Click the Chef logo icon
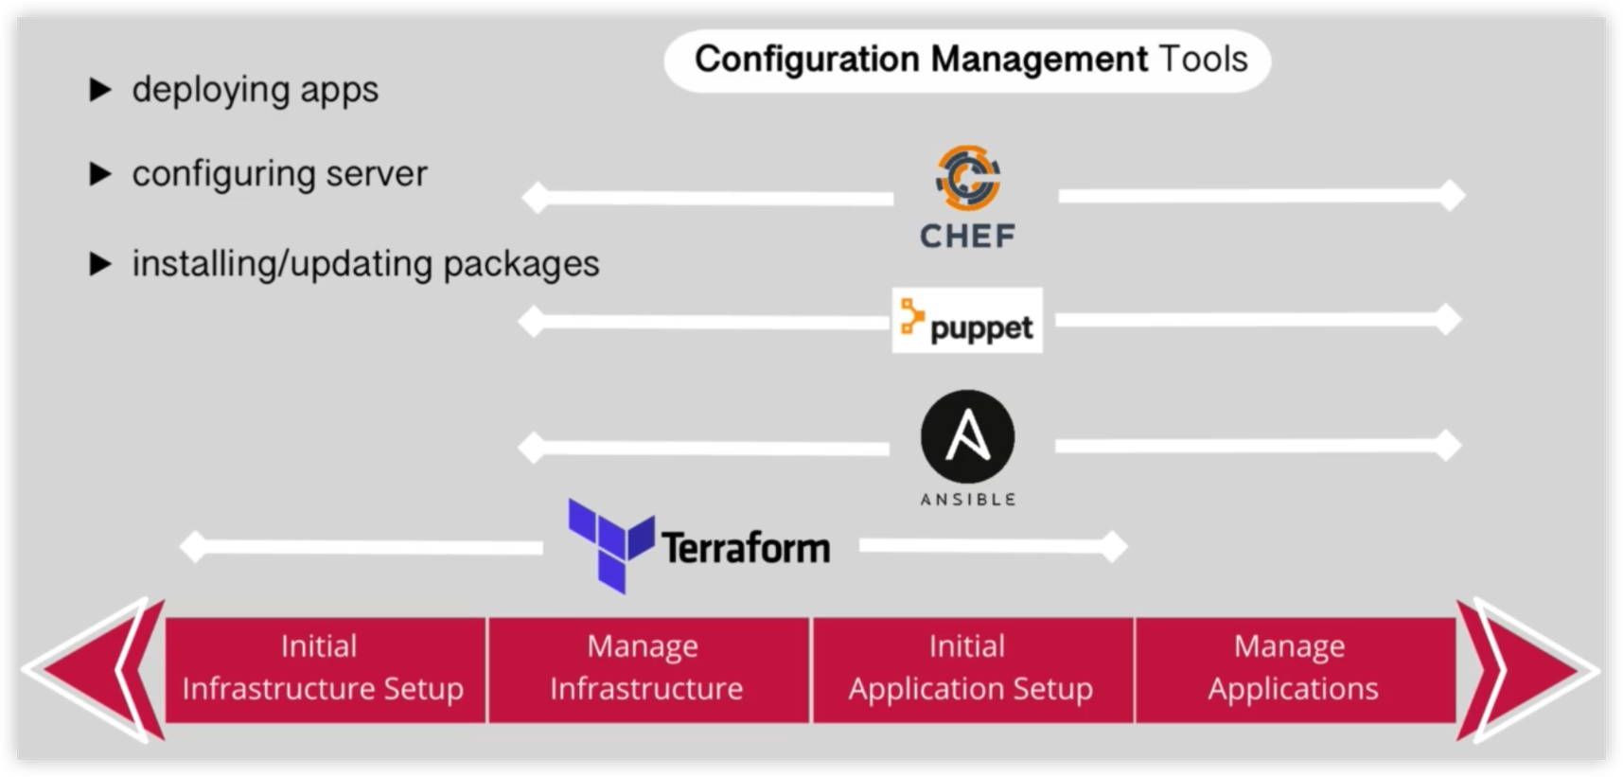[967, 178]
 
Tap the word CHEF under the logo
[967, 236]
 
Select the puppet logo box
[967, 321]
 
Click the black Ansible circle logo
[967, 437]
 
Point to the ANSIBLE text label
[967, 499]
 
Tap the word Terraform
[746, 548]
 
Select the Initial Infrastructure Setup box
[324, 669]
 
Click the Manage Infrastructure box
[647, 669]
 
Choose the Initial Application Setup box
[971, 669]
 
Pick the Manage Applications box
[1294, 669]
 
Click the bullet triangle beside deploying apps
[99, 90]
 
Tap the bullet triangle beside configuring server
[99, 174]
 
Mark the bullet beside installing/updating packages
[99, 264]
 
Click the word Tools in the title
[1203, 59]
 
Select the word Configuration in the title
[806, 59]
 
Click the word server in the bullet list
[377, 174]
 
